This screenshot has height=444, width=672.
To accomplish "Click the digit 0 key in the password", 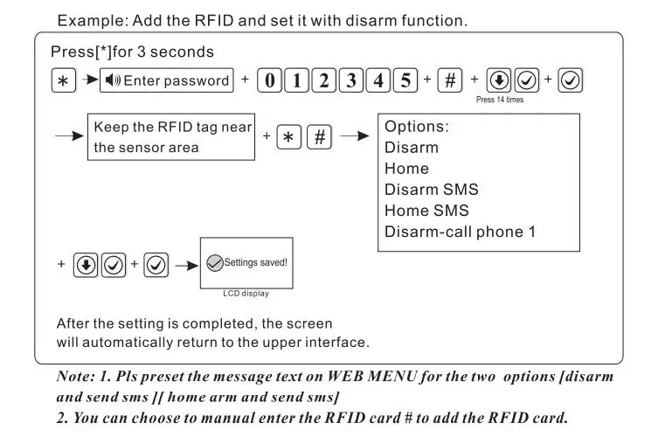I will (x=270, y=81).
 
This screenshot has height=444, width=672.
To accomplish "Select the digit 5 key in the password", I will (x=405, y=81).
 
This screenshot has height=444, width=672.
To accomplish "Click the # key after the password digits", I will (x=450, y=81).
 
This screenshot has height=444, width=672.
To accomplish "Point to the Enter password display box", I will (x=167, y=81).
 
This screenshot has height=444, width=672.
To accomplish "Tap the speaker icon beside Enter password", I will (x=112, y=81).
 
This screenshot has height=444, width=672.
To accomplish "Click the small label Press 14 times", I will (x=500, y=100).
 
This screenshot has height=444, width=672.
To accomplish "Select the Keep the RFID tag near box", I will (x=172, y=137).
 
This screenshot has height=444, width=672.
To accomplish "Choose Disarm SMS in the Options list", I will (x=431, y=190).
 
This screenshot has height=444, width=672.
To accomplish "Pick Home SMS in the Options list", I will (x=426, y=211).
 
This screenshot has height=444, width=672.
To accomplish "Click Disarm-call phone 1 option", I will (x=460, y=232).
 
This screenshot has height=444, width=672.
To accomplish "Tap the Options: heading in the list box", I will (x=417, y=127).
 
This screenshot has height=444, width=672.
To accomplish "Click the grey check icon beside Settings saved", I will (x=214, y=262).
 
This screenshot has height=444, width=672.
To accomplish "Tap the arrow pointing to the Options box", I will (x=354, y=137).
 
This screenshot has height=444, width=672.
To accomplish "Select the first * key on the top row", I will (x=62, y=81).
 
